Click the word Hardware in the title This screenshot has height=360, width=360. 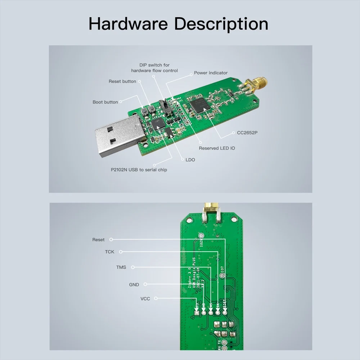[128, 24]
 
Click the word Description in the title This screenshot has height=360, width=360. [221, 24]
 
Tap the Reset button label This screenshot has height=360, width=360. [122, 81]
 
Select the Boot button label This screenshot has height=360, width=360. [105, 102]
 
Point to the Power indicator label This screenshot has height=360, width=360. [211, 73]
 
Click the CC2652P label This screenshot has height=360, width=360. [247, 132]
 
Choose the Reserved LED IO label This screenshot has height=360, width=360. [217, 148]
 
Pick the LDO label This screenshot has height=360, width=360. [190, 159]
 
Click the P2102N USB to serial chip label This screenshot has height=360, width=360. [139, 170]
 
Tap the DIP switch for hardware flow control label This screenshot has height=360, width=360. [154, 68]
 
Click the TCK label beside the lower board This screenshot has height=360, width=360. [109, 252]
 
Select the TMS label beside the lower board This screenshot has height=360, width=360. [121, 267]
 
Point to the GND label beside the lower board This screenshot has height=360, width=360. [134, 285]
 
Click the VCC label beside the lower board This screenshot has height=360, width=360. [145, 299]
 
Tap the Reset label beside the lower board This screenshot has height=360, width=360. [98, 239]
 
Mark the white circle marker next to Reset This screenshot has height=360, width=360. [111, 239]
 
